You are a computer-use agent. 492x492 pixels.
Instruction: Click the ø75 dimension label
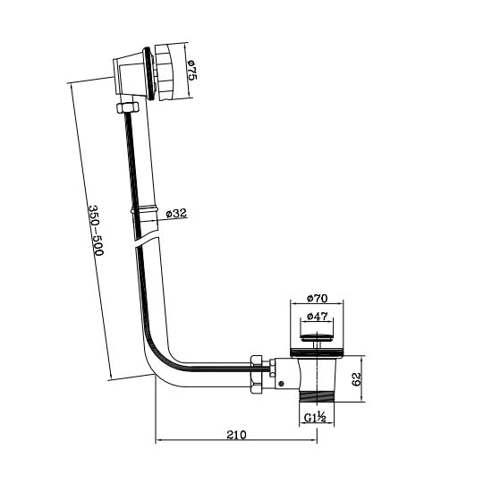pyautogui.click(x=191, y=71)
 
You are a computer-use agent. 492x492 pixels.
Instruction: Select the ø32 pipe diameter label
pyautogui.click(x=176, y=214)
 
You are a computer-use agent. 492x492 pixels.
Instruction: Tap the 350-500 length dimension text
pyautogui.click(x=96, y=230)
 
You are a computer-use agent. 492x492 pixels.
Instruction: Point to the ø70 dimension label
pyautogui.click(x=318, y=298)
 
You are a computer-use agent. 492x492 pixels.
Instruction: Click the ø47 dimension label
pyautogui.click(x=318, y=317)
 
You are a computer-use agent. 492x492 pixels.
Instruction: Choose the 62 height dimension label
pyautogui.click(x=357, y=379)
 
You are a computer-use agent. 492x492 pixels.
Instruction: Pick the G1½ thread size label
pyautogui.click(x=316, y=418)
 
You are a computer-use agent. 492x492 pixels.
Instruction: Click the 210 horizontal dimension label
pyautogui.click(x=236, y=435)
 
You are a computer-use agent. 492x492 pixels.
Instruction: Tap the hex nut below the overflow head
pyautogui.click(x=128, y=106)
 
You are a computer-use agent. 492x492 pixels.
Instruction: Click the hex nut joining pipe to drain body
pyautogui.click(x=257, y=374)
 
